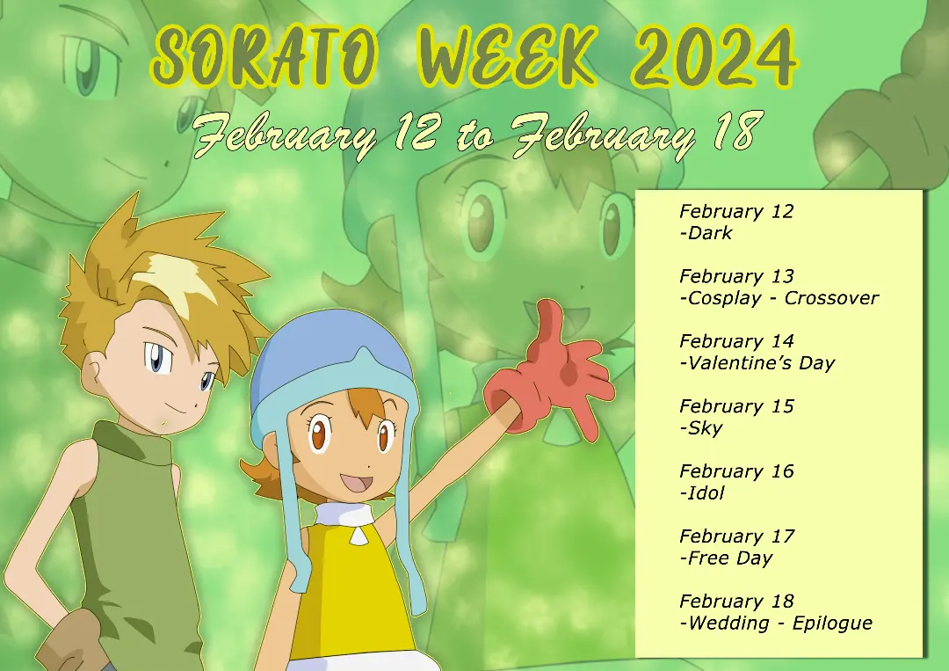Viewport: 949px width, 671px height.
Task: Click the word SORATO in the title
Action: click(265, 58)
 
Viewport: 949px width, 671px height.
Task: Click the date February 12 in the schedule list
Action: click(735, 211)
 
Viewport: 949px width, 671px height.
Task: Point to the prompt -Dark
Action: click(706, 233)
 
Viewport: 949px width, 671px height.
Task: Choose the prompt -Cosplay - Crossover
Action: click(779, 298)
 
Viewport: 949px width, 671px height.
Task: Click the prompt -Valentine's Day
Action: click(757, 363)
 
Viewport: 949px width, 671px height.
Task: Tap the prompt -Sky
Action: click(701, 428)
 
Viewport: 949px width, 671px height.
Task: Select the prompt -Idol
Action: click(702, 493)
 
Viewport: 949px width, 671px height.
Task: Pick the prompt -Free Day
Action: click(726, 558)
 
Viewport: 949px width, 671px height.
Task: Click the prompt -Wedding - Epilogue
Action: click(776, 624)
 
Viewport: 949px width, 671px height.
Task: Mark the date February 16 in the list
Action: click(735, 471)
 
